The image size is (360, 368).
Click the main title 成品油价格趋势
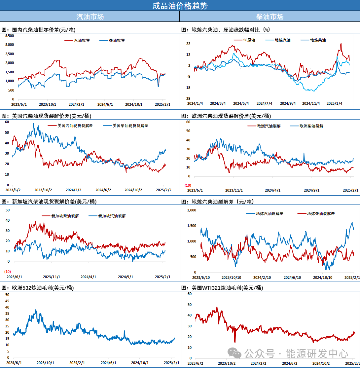click(x=180, y=6)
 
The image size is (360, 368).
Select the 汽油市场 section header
click(x=90, y=16)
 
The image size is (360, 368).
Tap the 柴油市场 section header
click(x=270, y=16)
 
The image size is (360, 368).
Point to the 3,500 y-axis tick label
click(x=10, y=35)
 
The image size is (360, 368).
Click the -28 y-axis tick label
click(x=188, y=99)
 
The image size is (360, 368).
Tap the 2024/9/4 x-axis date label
click(x=288, y=104)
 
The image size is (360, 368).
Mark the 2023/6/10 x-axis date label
click(x=201, y=277)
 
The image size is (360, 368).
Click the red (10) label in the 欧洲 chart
click(x=188, y=185)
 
